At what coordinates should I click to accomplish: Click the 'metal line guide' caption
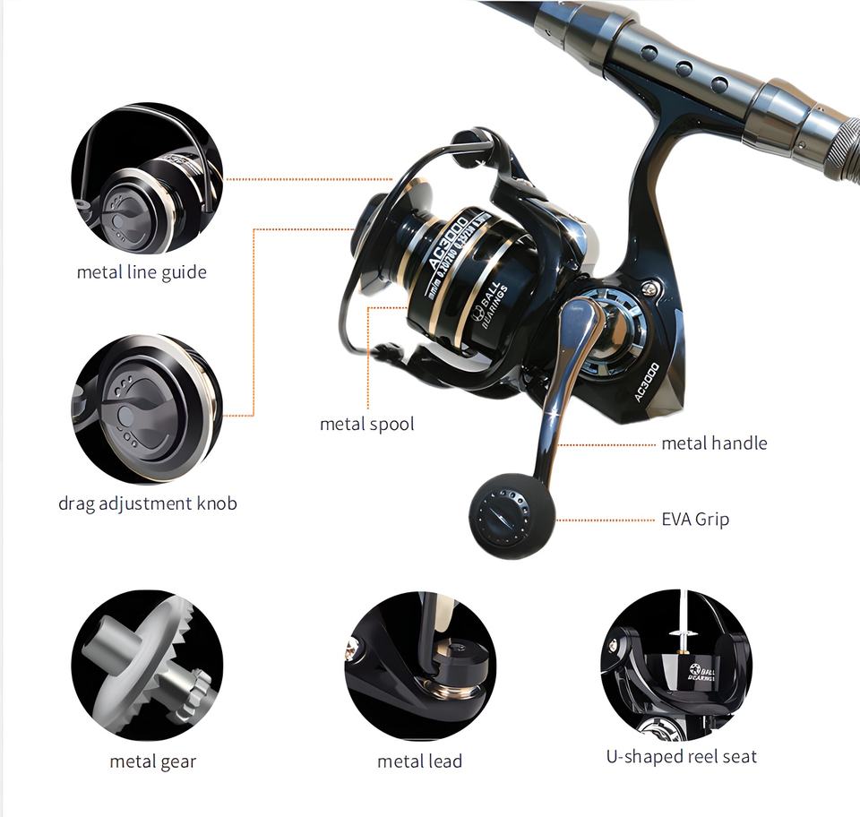[142, 272]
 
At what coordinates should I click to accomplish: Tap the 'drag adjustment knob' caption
[148, 503]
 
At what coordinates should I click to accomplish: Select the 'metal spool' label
[367, 424]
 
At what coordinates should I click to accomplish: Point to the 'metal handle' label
[714, 443]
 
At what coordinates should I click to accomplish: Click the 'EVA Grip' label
[695, 519]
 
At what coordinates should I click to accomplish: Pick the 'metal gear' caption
[152, 761]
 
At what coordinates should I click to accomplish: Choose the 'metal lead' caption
[419, 761]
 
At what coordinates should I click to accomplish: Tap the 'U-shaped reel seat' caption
[681, 756]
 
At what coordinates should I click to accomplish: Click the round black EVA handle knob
[512, 515]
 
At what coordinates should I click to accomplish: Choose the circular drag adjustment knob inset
[147, 408]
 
